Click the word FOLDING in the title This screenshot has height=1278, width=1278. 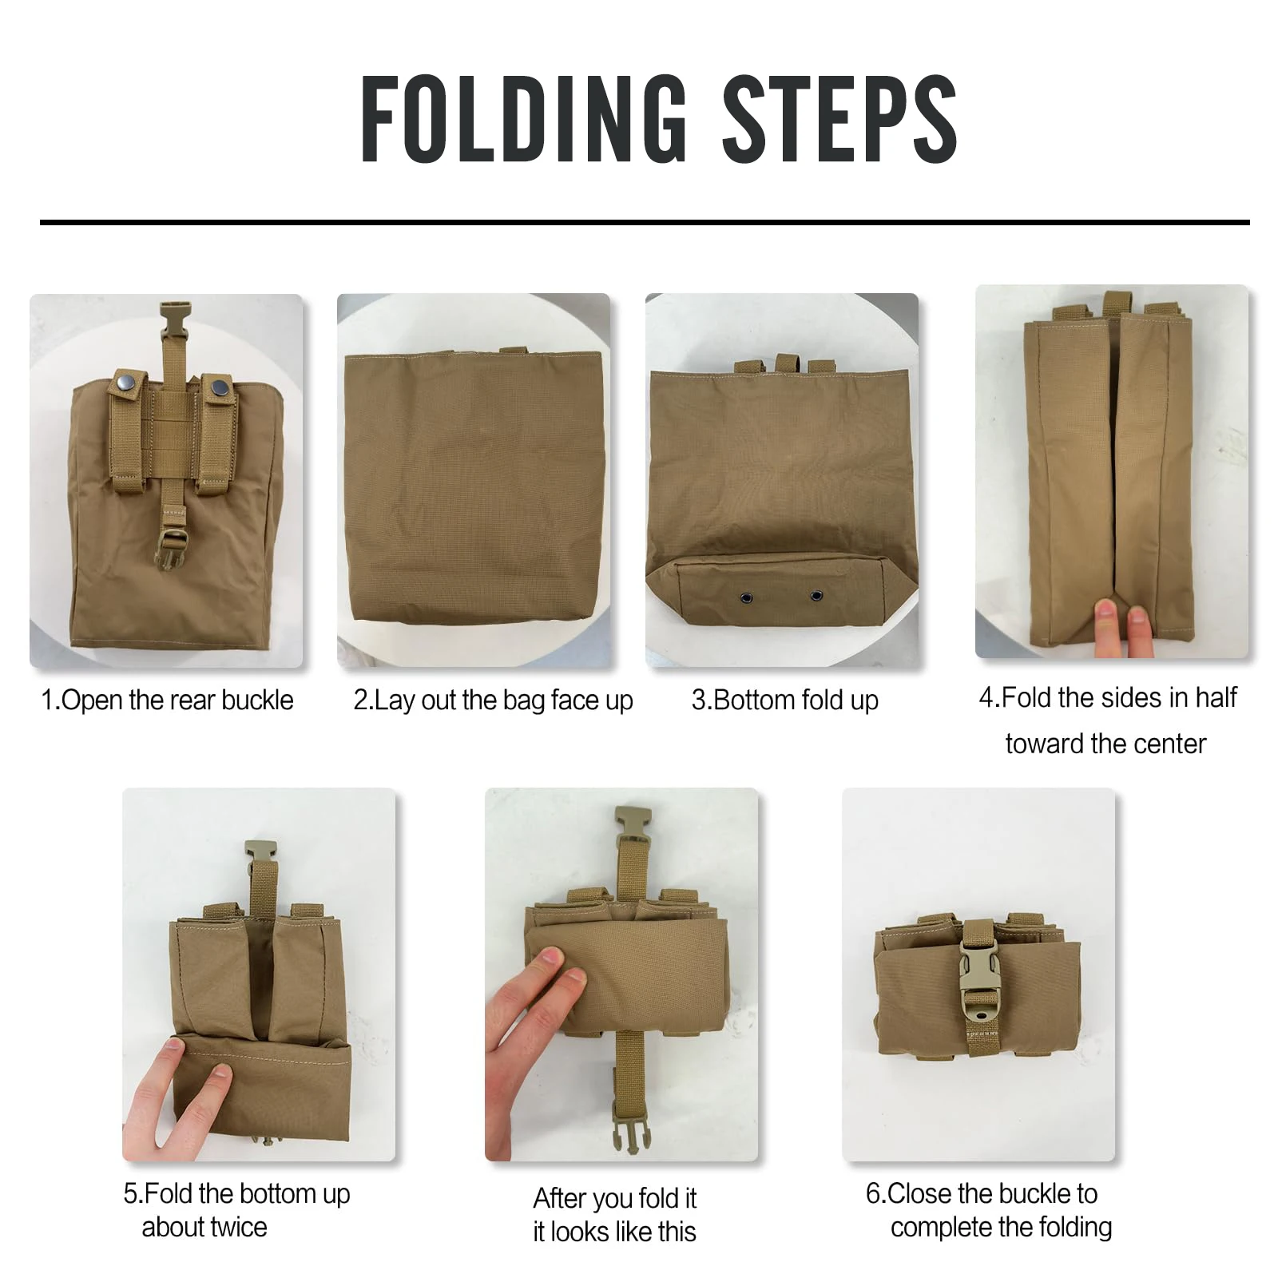click(523, 120)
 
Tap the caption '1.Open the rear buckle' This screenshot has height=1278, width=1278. click(167, 701)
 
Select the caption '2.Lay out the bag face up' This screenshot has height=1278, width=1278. click(493, 701)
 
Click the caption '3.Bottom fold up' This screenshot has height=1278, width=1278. click(784, 701)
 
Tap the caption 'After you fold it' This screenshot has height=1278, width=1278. click(614, 1198)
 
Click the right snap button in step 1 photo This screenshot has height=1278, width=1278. click(218, 389)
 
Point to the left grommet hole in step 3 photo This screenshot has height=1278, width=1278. click(746, 597)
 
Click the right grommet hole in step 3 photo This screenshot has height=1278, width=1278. click(816, 596)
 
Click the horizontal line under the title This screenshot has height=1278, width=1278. click(644, 222)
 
